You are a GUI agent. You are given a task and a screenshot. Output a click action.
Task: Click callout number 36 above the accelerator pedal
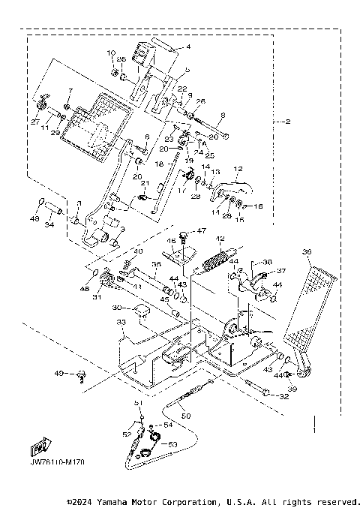tap(306, 252)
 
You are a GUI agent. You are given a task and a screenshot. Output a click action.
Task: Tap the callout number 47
tap(201, 230)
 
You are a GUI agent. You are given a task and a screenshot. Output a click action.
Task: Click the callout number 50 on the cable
tap(187, 415)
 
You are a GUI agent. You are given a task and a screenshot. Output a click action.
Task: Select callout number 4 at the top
tap(188, 47)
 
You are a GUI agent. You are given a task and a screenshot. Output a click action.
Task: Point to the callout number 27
tap(34, 121)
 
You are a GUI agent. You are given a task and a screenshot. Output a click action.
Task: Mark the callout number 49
tap(57, 373)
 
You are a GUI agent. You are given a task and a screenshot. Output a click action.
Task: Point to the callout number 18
tap(158, 163)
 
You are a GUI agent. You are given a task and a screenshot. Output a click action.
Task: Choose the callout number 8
tap(222, 116)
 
